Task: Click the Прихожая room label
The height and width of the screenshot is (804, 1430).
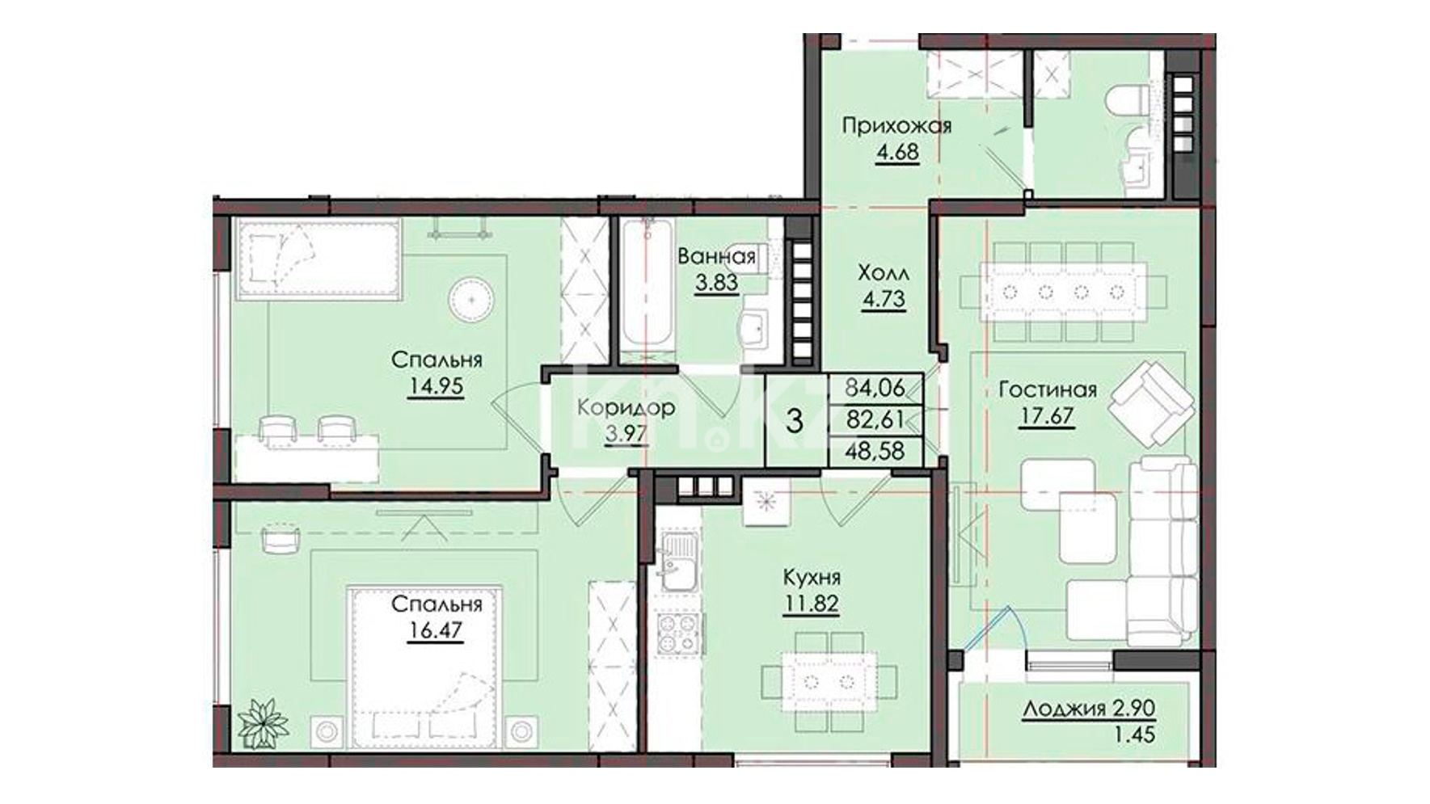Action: click(896, 126)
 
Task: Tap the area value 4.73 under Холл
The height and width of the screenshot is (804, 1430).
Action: click(883, 299)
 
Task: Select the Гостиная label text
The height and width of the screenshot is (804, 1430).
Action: click(1048, 389)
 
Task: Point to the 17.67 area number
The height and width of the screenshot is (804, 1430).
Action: click(1046, 416)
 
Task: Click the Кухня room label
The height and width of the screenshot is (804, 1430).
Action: click(811, 578)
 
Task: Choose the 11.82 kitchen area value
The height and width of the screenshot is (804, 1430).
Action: click(810, 604)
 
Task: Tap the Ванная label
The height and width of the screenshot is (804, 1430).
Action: click(716, 257)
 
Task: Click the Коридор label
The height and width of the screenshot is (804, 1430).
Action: click(626, 408)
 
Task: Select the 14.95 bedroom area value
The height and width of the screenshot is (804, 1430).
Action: click(436, 386)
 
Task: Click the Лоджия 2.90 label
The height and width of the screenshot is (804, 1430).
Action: click(1089, 709)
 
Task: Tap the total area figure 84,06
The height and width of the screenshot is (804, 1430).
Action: click(875, 388)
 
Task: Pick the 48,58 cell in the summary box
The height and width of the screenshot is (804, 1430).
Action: click(875, 450)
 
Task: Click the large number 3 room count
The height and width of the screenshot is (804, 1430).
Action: click(795, 421)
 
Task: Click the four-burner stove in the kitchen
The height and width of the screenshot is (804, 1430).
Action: click(679, 634)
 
